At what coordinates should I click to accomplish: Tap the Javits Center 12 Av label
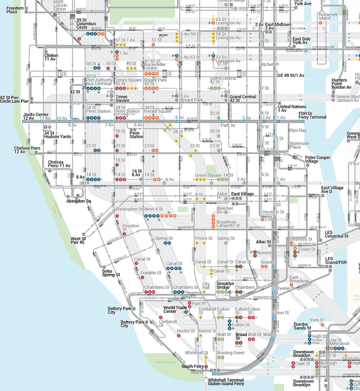tap(36, 117)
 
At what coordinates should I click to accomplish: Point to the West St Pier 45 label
tap(78, 241)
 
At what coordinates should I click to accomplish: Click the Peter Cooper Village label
tap(318, 159)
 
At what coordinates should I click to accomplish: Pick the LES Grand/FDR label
tap(337, 260)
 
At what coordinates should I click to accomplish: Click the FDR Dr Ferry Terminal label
tap(312, 115)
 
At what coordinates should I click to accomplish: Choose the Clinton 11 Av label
tap(51, 57)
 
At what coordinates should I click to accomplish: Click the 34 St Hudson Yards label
tap(57, 135)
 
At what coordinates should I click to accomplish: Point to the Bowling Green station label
tap(230, 353)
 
